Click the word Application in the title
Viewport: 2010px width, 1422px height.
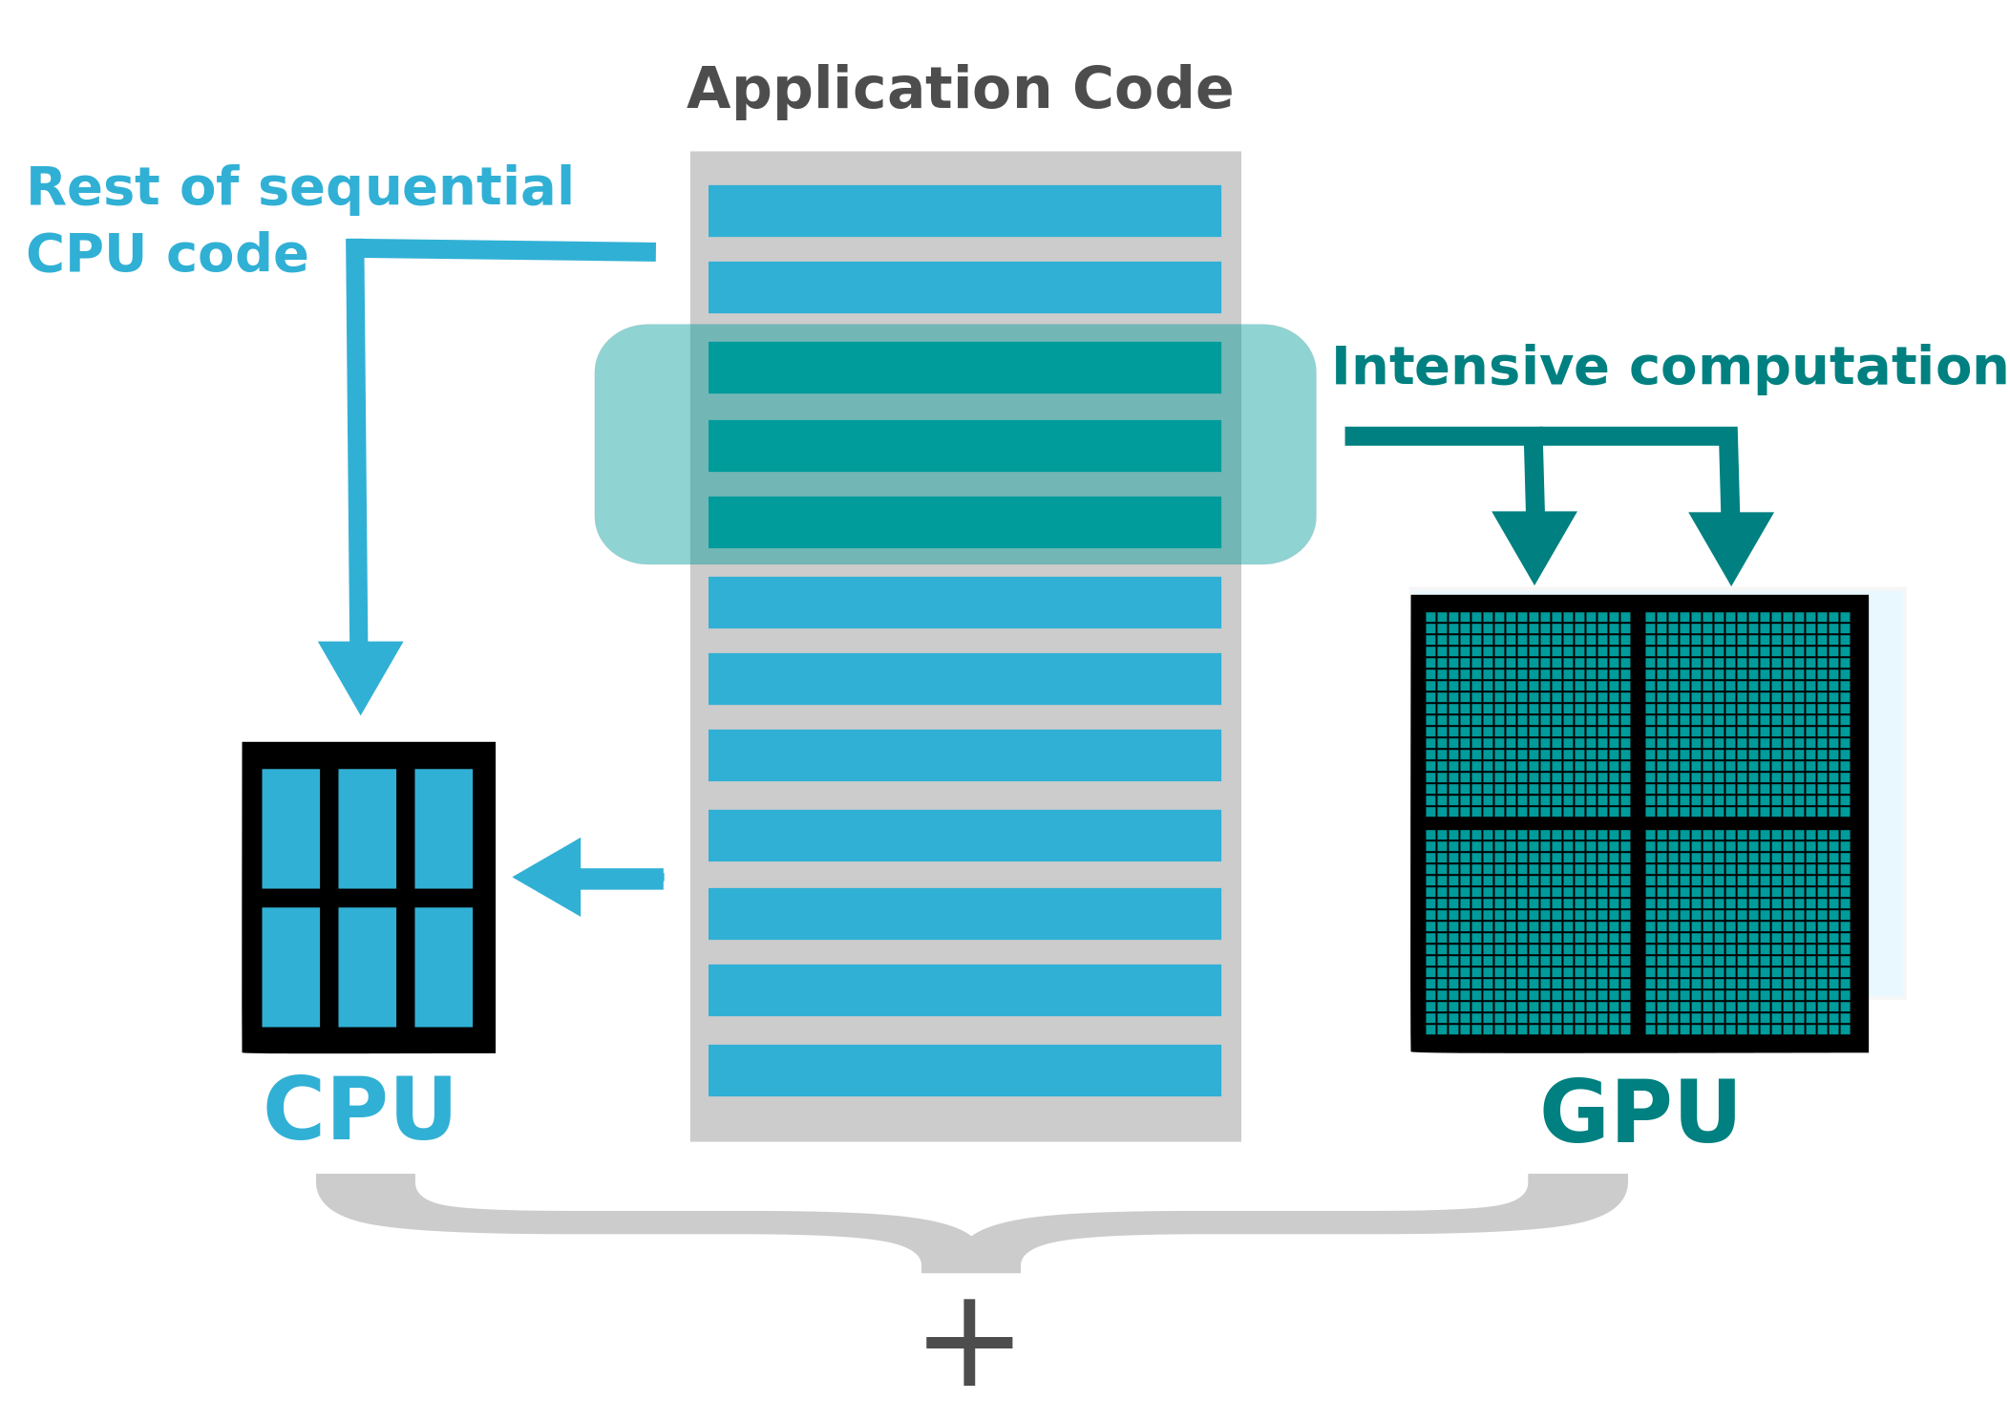[x=870, y=90]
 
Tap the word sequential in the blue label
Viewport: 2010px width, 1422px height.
[x=415, y=187]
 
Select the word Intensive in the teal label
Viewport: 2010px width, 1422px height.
[x=1470, y=368]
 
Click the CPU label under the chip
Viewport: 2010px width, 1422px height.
[x=359, y=1109]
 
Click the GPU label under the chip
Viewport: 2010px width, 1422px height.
[x=1640, y=1112]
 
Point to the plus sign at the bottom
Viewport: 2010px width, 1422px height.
[x=968, y=1342]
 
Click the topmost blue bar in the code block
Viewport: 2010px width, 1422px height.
[x=963, y=211]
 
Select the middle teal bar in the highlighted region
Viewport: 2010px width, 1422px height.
[x=963, y=446]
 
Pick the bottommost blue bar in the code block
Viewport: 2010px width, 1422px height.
[x=963, y=1071]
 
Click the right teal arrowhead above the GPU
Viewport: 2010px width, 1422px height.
[x=1730, y=543]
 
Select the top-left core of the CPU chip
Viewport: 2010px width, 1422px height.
[x=290, y=828]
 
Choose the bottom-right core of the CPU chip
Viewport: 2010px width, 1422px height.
[x=443, y=966]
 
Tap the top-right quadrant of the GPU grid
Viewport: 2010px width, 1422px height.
[x=1746, y=713]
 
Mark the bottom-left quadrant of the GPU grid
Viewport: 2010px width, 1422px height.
[x=1527, y=931]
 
